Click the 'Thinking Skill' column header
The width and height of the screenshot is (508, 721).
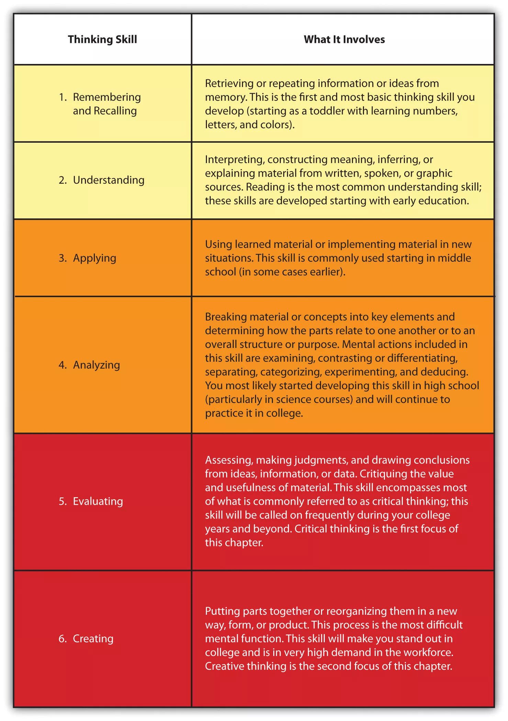[102, 40]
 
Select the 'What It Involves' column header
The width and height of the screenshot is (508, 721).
[344, 40]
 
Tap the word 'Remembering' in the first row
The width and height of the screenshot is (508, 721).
[107, 97]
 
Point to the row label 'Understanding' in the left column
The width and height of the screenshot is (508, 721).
[109, 180]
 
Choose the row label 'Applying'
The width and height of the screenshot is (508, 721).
[95, 258]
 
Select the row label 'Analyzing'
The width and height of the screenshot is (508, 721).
[96, 365]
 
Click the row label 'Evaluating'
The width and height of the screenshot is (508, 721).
[98, 501]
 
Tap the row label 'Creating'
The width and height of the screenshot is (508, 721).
[93, 638]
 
